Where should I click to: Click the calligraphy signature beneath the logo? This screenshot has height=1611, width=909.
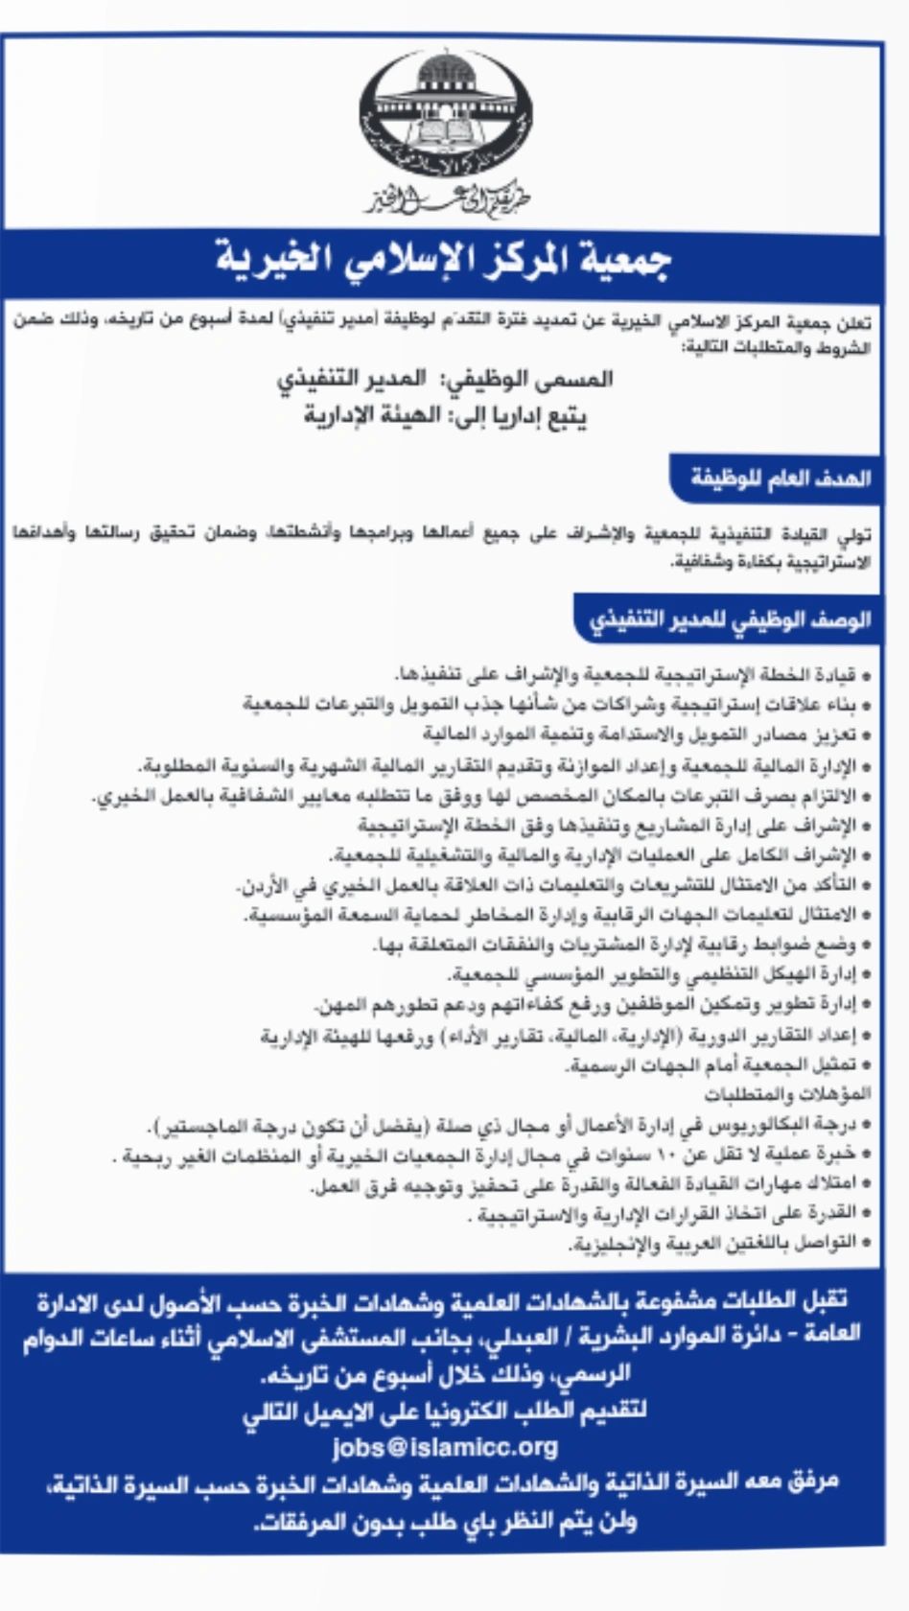click(446, 199)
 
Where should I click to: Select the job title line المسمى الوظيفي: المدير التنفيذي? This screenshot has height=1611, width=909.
click(445, 380)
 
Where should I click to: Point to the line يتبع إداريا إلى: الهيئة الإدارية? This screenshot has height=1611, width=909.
click(445, 416)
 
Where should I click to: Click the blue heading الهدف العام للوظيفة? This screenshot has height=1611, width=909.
click(781, 478)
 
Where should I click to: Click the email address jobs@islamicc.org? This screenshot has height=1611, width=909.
click(445, 1447)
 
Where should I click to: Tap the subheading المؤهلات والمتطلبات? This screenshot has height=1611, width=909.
click(787, 1093)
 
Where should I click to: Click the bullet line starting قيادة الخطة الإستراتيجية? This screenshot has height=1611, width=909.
click(633, 674)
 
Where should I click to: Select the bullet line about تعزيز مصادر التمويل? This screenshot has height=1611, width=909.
click(647, 735)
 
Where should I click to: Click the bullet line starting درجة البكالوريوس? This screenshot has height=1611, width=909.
click(508, 1124)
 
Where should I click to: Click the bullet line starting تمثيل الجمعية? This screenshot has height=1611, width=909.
click(719, 1065)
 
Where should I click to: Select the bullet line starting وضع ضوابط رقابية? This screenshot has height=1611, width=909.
click(623, 946)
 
